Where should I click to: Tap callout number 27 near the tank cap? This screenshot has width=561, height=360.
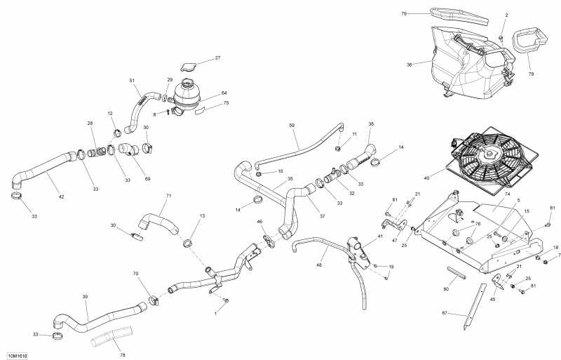tap(217, 58)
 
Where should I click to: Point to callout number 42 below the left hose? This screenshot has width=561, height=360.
tap(61, 197)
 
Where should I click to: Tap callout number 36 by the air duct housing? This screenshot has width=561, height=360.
tap(409, 65)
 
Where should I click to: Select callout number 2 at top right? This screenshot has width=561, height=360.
tap(507, 15)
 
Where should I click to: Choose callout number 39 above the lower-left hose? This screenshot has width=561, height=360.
tap(85, 297)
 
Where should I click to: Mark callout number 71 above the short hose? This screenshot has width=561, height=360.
tap(168, 196)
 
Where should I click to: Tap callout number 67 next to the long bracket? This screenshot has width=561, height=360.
tap(445, 313)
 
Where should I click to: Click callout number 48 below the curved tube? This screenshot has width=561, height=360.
tap(319, 265)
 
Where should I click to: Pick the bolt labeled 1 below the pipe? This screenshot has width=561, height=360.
tap(226, 301)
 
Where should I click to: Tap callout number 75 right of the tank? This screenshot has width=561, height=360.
tap(225, 102)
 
